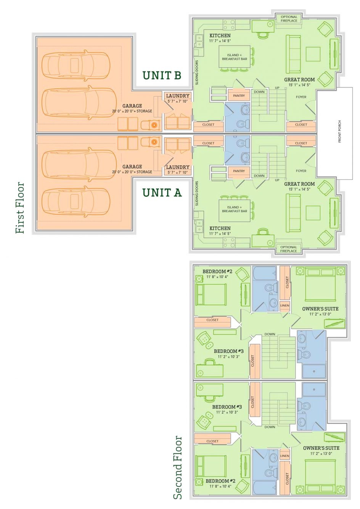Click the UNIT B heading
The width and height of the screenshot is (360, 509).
[162, 75]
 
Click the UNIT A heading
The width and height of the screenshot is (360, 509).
[162, 193]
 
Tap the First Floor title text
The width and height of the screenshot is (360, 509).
[20, 208]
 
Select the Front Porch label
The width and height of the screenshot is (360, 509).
[339, 132]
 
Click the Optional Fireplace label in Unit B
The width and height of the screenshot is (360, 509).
[289, 19]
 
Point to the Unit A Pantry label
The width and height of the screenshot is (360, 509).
[239, 171]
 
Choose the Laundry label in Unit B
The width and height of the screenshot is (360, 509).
[178, 96]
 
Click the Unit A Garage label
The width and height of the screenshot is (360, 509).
[132, 166]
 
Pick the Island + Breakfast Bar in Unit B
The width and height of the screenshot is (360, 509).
[235, 57]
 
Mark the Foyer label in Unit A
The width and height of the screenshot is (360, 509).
[301, 171]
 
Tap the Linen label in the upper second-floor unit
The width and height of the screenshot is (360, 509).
[284, 306]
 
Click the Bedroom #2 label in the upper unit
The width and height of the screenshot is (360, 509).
[217, 272]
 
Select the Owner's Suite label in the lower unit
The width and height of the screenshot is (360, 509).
[321, 448]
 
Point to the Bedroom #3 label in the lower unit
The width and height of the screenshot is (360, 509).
[227, 407]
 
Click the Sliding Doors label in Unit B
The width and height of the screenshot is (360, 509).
[197, 72]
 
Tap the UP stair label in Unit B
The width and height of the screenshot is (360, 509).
[277, 88]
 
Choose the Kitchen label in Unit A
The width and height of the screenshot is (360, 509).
[220, 228]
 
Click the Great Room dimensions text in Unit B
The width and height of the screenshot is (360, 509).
[299, 85]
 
